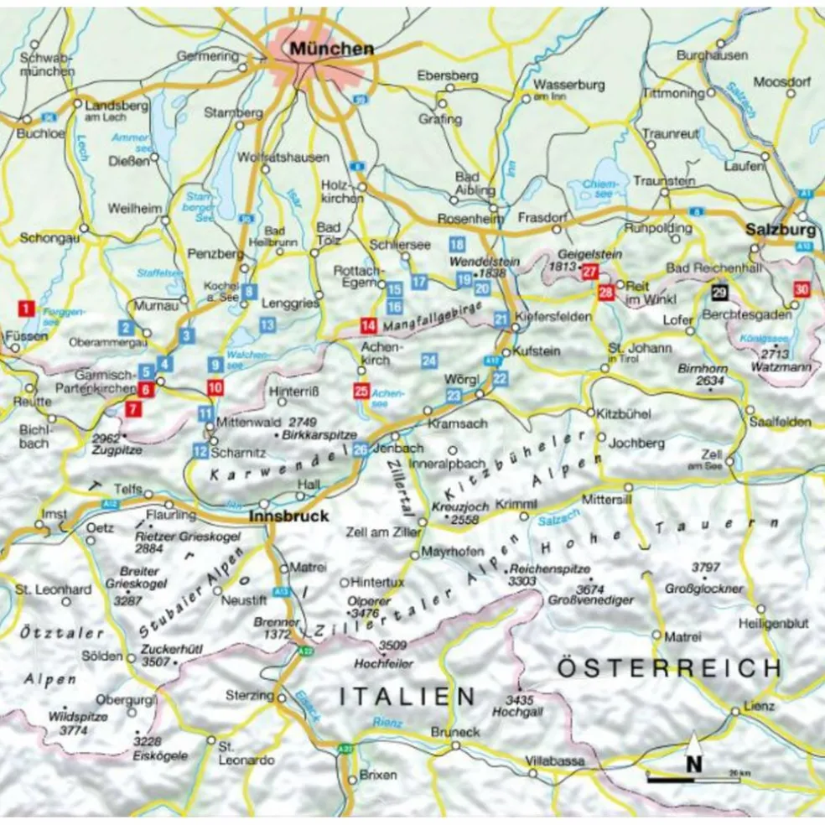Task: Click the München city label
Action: click(x=331, y=49)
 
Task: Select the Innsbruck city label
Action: click(x=289, y=516)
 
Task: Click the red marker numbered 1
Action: click(x=28, y=309)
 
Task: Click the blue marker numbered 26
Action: click(x=360, y=449)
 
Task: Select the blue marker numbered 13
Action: click(x=267, y=324)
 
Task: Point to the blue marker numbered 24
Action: click(x=429, y=361)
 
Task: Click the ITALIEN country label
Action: click(x=407, y=696)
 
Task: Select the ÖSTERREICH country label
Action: click(x=669, y=668)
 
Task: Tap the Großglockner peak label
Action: click(x=703, y=589)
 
